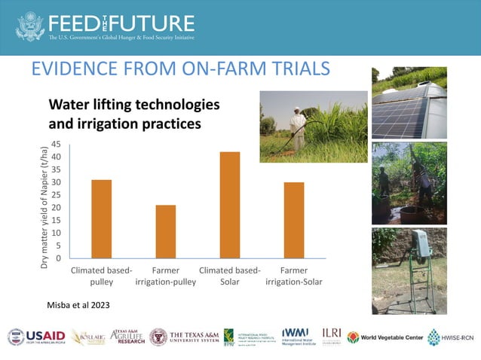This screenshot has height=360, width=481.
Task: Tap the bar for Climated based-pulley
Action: point(101,219)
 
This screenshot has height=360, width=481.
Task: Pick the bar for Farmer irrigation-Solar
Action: point(293,221)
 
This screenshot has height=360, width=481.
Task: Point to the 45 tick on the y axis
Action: point(56,145)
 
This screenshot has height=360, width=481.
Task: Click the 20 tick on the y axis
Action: point(56,208)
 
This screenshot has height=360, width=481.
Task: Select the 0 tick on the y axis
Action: point(58,258)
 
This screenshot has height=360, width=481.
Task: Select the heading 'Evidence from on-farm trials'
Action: point(181,69)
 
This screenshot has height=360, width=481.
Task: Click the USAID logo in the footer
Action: point(36,337)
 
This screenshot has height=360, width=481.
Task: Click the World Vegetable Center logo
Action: point(384,337)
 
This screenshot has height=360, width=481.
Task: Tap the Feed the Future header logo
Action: point(106,26)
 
